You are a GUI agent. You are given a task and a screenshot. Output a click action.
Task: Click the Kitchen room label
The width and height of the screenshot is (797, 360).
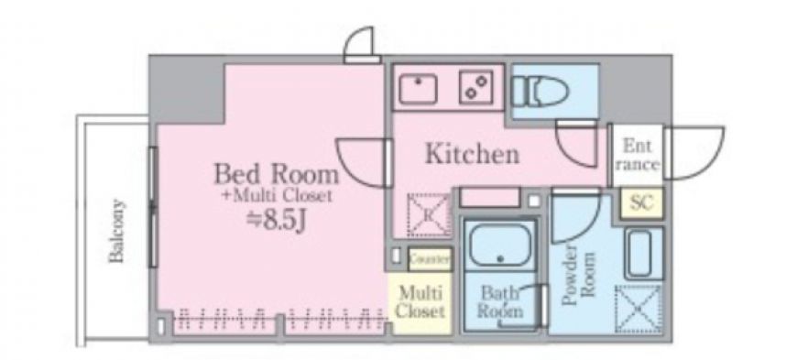(472, 154)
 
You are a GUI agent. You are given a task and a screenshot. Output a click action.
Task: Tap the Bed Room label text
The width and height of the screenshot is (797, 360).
(277, 174)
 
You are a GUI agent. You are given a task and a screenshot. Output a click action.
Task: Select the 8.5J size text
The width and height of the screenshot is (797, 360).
(275, 221)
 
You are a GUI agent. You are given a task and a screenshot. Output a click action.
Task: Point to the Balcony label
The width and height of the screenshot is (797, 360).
(117, 231)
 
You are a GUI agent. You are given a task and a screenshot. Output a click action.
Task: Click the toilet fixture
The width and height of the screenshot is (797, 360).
(540, 92)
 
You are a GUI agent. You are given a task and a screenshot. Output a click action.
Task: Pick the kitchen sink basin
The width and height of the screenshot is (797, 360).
(418, 89)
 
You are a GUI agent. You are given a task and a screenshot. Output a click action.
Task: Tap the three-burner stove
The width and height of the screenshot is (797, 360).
(475, 87)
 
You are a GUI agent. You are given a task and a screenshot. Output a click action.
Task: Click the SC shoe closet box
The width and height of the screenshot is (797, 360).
(641, 202)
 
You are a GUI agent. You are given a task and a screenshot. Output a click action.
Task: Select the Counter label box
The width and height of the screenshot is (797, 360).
(430, 259)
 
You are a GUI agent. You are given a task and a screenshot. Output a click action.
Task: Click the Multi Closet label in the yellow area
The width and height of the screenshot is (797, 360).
(420, 302)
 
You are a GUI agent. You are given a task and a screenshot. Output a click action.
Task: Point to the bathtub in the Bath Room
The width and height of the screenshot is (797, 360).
(499, 243)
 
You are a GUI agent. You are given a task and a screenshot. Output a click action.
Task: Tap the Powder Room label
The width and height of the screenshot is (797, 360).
(578, 275)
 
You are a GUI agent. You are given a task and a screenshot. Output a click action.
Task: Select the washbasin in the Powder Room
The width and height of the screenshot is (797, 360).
(643, 253)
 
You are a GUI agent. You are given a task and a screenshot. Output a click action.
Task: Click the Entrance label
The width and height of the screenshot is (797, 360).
(638, 155)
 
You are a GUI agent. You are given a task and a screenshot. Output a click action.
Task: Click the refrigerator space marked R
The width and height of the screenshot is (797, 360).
(428, 214)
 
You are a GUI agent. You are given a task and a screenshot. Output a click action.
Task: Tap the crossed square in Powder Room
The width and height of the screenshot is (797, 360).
(639, 309)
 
